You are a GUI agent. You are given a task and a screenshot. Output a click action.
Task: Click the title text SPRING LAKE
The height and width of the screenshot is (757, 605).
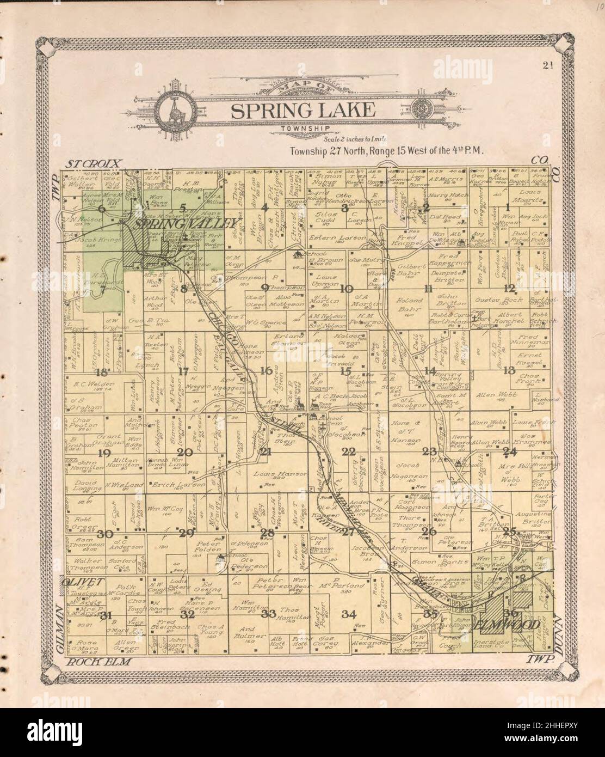tap(302, 111)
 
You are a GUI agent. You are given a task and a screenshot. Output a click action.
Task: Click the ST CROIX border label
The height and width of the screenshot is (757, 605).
tap(95, 163)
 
